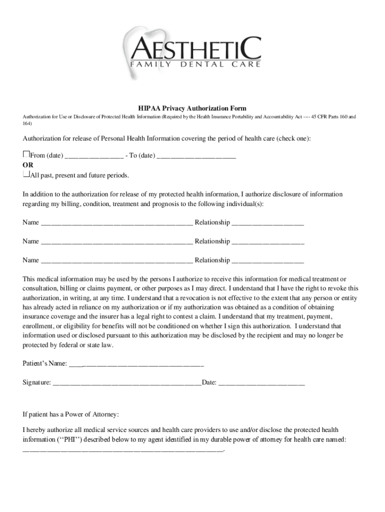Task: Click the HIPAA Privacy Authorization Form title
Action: (192, 108)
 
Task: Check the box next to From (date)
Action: (26, 154)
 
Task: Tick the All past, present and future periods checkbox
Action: (26, 174)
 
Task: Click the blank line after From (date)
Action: (94, 156)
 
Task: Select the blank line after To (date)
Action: (196, 156)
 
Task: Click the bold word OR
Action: (28, 165)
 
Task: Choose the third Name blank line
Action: (116, 261)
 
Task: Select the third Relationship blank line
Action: (267, 261)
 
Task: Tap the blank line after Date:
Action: (261, 384)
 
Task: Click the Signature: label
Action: (36, 382)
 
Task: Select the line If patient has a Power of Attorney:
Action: (70, 414)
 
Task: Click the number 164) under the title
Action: (27, 123)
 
